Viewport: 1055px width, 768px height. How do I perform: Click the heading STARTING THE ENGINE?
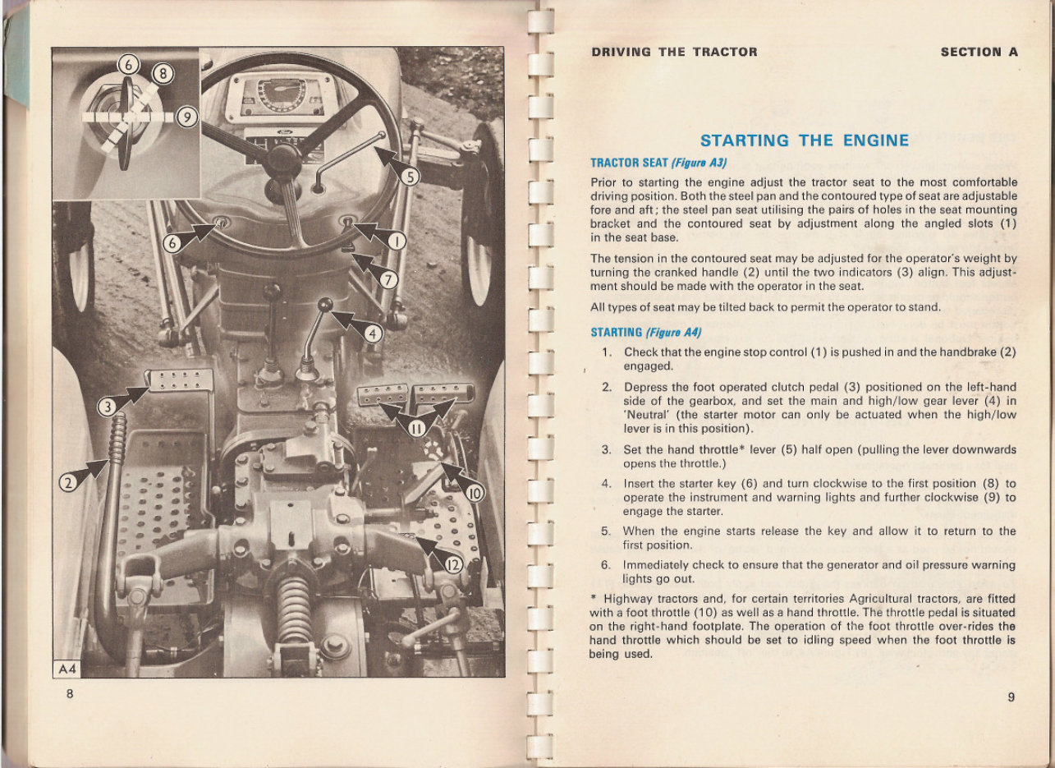[804, 140]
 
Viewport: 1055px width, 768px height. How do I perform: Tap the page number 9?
[1011, 697]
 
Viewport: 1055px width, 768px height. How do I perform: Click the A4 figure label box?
[67, 669]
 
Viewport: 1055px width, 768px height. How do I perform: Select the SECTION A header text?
[979, 52]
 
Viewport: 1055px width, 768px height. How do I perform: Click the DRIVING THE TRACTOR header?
[674, 52]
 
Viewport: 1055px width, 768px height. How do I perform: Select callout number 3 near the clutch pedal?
[108, 407]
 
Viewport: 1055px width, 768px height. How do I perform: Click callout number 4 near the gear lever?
[374, 334]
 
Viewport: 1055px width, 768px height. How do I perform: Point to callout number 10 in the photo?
[476, 493]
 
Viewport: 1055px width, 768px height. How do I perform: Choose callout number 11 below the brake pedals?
[416, 427]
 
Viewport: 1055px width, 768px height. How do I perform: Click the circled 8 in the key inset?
[163, 76]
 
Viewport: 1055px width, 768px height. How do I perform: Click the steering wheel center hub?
[283, 157]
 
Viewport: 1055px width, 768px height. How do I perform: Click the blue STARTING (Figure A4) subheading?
[644, 333]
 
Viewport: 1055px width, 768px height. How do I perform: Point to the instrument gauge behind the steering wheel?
[281, 97]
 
